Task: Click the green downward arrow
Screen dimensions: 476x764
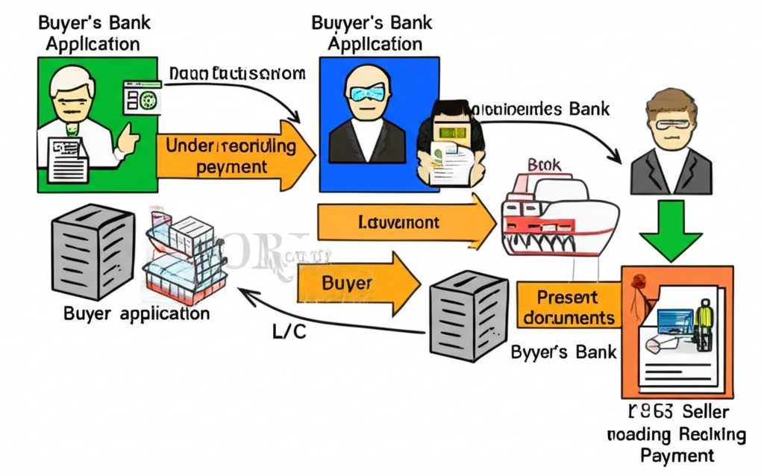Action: (x=671, y=227)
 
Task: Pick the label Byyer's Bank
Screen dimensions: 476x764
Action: (x=564, y=351)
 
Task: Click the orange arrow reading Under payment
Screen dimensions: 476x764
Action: (x=231, y=156)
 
